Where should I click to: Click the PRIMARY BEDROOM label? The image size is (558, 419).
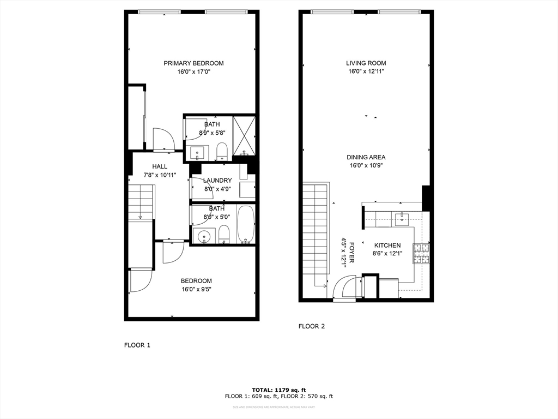(193, 63)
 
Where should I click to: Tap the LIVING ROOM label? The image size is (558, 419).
(366, 63)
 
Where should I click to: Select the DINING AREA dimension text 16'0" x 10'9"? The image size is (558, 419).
(366, 166)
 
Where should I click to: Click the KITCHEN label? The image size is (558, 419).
(387, 246)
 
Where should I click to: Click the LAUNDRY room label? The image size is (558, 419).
(217, 181)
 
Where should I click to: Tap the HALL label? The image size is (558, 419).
(160, 166)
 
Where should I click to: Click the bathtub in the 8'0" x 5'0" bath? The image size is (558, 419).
(246, 224)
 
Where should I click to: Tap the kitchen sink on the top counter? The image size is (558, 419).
(402, 219)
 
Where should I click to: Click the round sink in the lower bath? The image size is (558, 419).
(203, 236)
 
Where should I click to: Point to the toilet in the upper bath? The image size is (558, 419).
(222, 151)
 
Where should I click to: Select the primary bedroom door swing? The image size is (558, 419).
(163, 139)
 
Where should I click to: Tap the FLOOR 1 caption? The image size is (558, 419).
(137, 345)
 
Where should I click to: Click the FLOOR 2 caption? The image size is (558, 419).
(312, 326)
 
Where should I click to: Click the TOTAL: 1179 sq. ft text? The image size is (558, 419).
(278, 390)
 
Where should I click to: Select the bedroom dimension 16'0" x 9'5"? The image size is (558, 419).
(196, 290)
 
